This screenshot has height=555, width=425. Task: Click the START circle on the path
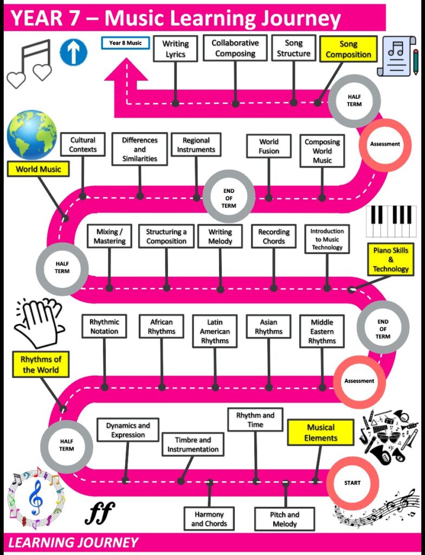(x=352, y=482)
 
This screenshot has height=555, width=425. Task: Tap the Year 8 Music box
(x=125, y=42)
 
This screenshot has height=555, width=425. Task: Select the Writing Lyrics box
(x=176, y=48)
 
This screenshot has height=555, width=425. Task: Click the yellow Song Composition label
(x=348, y=49)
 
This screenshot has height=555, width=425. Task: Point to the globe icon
(x=31, y=133)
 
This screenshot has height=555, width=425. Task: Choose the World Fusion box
(x=269, y=146)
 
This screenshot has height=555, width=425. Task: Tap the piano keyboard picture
(x=391, y=221)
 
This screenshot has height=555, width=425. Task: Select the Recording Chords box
(x=274, y=236)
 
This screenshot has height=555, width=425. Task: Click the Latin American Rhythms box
(x=215, y=331)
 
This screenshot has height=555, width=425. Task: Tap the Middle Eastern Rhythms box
(x=322, y=331)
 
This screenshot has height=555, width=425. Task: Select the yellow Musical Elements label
(x=321, y=433)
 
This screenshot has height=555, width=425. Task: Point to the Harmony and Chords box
(x=209, y=519)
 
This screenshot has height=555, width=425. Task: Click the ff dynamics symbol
(x=99, y=512)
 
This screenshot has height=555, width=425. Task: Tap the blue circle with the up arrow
(x=73, y=53)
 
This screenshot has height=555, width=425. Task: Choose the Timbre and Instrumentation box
(x=193, y=444)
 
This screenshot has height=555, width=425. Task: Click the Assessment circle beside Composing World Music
(x=385, y=144)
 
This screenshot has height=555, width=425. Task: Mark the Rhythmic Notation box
(x=104, y=326)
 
